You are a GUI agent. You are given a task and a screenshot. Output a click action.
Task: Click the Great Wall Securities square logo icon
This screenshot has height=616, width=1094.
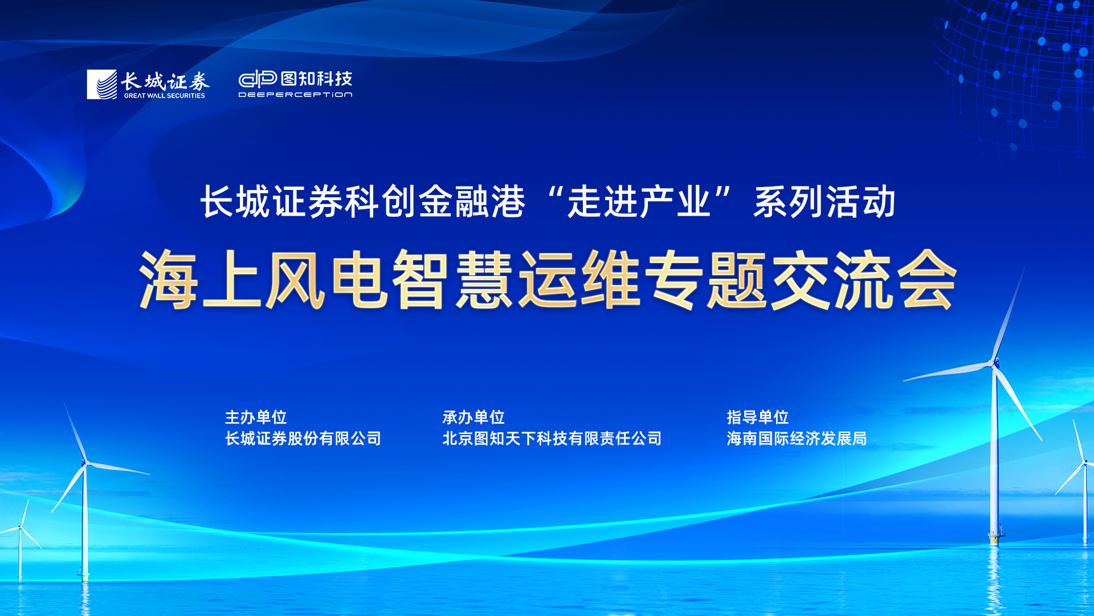pyautogui.click(x=101, y=84)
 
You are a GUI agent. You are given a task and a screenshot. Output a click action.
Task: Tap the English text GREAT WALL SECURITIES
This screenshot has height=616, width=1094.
pyautogui.click(x=164, y=96)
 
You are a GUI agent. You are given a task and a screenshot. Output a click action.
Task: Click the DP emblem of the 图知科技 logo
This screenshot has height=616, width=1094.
pyautogui.click(x=258, y=79)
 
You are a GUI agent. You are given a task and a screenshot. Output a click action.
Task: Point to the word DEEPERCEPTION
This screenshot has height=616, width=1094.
pyautogui.click(x=295, y=95)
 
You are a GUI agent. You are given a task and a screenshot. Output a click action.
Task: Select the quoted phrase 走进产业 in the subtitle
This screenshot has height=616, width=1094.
pyautogui.click(x=639, y=202)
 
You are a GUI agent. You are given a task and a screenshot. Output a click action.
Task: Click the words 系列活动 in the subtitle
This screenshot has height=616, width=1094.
pyautogui.click(x=824, y=202)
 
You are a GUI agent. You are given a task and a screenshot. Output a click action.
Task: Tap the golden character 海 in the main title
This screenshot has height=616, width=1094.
pyautogui.click(x=169, y=279)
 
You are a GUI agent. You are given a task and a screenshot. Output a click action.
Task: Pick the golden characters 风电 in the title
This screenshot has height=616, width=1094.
pyautogui.click(x=327, y=279)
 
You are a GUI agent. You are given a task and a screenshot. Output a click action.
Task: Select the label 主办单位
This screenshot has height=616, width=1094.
pyautogui.click(x=256, y=418)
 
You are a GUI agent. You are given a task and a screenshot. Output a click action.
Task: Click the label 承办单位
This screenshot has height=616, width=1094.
pyautogui.click(x=473, y=418)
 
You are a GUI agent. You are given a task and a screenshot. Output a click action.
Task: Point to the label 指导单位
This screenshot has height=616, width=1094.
pyautogui.click(x=758, y=418)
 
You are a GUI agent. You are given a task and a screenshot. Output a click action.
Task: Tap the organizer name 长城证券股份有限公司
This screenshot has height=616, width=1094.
pyautogui.click(x=303, y=439)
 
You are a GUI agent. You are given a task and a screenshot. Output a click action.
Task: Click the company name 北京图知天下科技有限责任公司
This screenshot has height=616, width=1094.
pyautogui.click(x=552, y=439)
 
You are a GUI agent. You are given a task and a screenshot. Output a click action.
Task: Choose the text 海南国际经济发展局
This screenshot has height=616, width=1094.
pyautogui.click(x=797, y=439)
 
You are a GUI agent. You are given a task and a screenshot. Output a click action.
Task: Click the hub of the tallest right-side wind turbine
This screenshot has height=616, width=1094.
pyautogui.click(x=995, y=362)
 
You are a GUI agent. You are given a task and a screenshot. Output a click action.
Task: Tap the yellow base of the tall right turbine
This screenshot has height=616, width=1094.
pyautogui.click(x=995, y=537)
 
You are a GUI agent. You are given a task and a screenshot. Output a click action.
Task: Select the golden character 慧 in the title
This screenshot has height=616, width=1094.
pyautogui.click(x=484, y=279)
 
